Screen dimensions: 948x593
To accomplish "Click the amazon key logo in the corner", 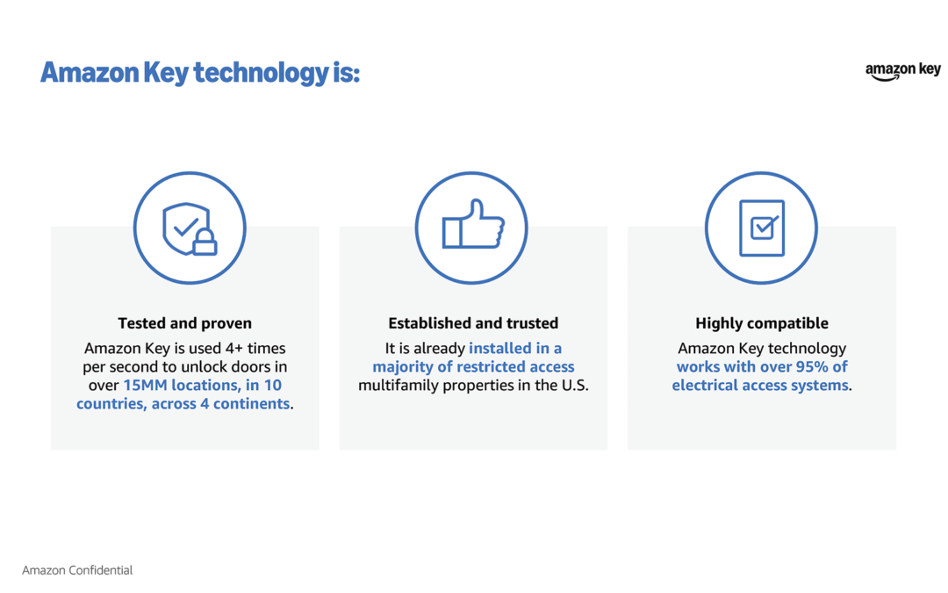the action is [x=902, y=72].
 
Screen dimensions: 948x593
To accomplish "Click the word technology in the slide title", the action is [x=261, y=73].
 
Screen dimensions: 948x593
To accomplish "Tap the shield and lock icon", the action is [x=190, y=228].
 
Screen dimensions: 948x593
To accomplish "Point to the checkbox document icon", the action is [x=761, y=228].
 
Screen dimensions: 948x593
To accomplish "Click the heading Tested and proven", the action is [x=185, y=323].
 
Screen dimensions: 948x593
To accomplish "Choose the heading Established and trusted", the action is [x=473, y=323].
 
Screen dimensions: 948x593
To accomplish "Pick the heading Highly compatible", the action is [x=762, y=323].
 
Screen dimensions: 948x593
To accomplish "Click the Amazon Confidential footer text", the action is [x=77, y=570].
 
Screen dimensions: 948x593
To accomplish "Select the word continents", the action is [x=252, y=403].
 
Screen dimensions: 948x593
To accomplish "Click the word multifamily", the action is [x=399, y=386].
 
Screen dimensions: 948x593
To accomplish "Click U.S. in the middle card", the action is [x=573, y=386].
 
